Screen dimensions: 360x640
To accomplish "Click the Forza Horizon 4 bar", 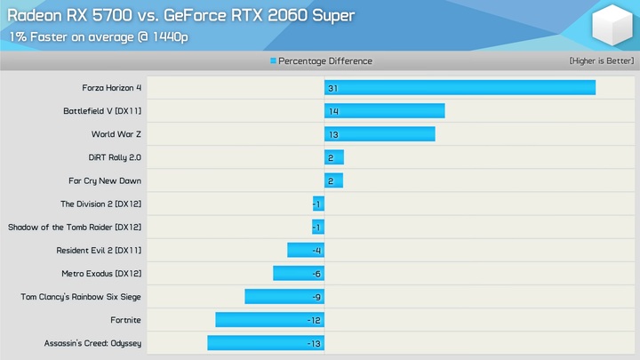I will (460, 88).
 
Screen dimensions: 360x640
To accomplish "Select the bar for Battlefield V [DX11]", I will (384, 111).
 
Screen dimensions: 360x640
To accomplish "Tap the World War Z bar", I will (380, 134).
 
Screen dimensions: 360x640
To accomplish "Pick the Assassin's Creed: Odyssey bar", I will (266, 343).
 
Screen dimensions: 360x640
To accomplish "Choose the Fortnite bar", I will (269, 320).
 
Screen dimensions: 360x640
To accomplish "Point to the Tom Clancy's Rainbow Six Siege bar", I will (284, 297).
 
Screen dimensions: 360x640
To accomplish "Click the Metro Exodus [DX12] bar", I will (299, 274).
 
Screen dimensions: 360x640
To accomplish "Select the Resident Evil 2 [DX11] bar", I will (306, 251).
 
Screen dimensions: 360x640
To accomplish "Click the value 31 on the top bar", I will (332, 89).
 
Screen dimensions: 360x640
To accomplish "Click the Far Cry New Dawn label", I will (107, 181).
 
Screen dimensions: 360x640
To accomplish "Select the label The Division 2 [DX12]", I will (100, 204).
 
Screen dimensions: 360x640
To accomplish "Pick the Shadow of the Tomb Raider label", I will (75, 228).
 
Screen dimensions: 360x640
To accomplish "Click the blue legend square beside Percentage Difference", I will (274, 61).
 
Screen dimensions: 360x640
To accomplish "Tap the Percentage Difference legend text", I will (325, 61).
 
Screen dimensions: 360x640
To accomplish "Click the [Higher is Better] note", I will (601, 61).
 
